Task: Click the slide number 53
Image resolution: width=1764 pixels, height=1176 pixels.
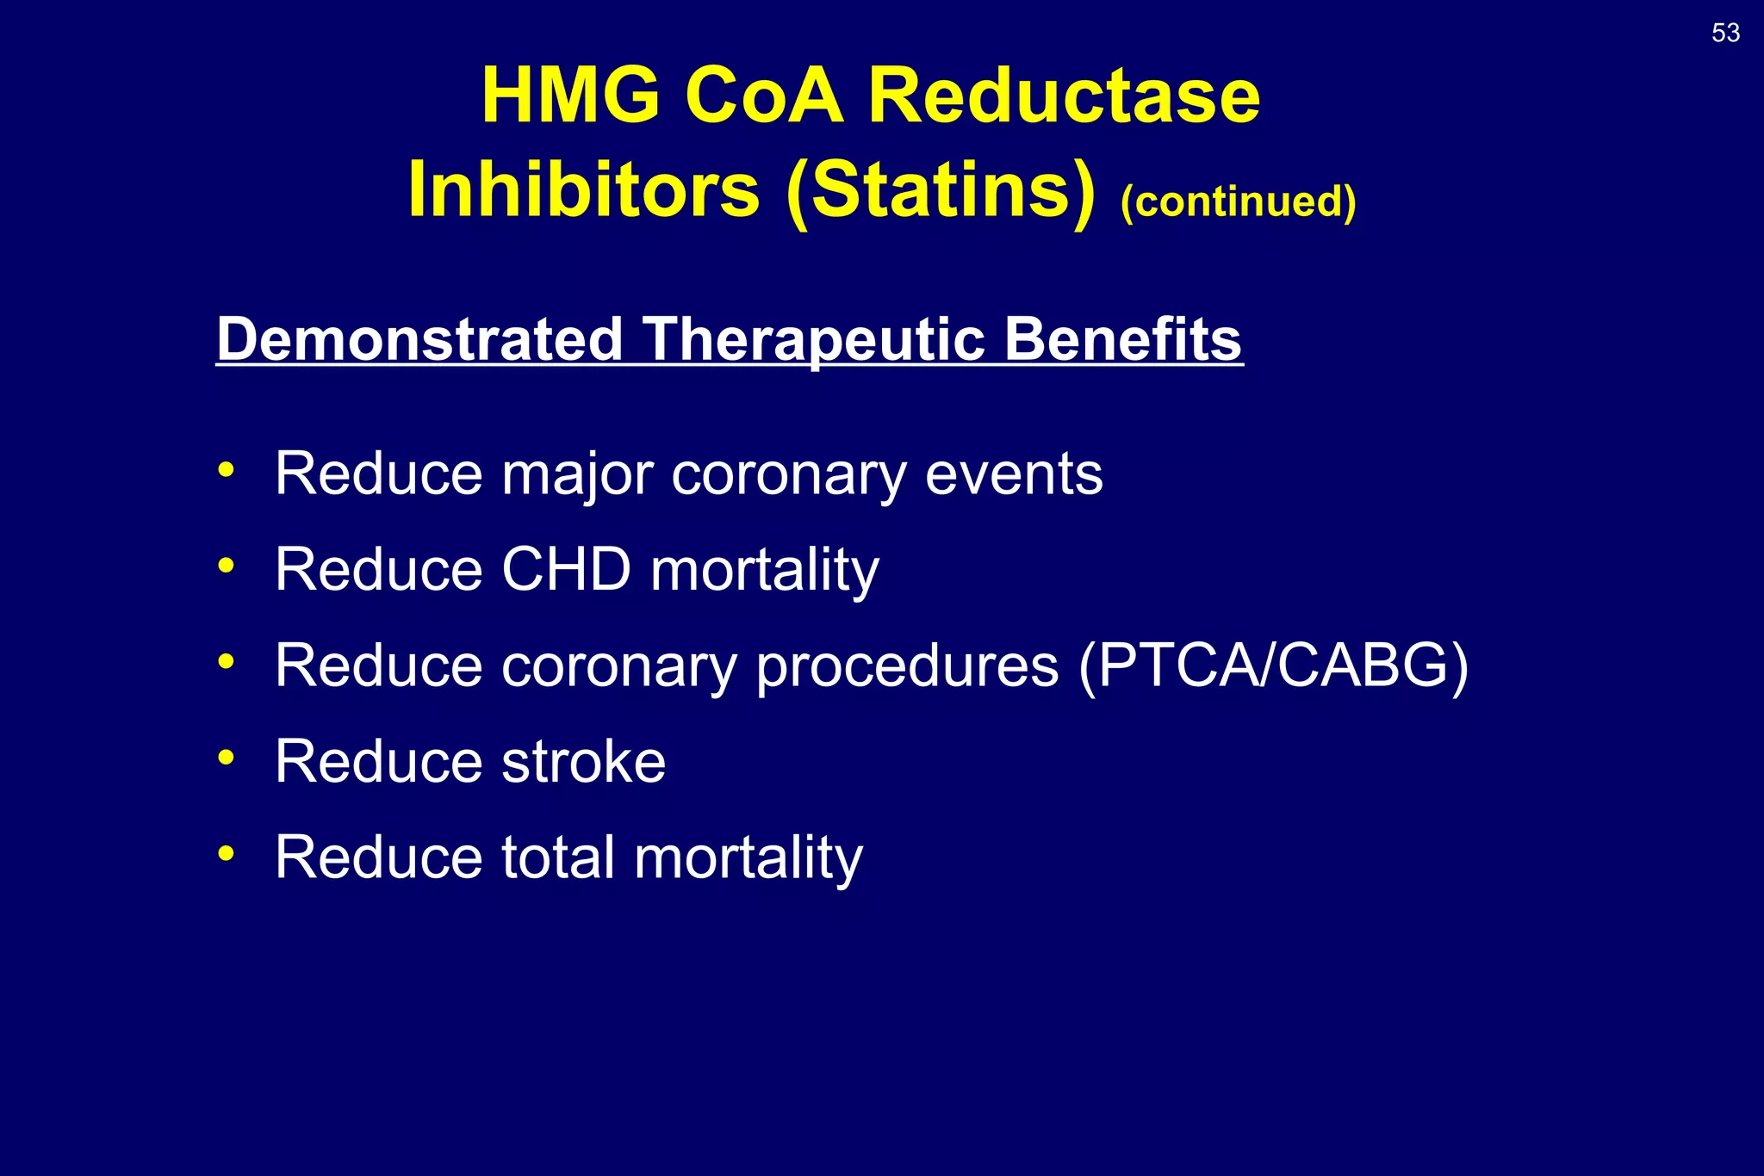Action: (1725, 33)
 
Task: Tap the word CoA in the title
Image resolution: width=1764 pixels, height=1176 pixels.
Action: (764, 96)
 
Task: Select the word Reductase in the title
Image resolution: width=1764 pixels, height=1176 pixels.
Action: (1064, 96)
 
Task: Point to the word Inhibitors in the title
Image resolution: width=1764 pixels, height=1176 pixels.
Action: (584, 190)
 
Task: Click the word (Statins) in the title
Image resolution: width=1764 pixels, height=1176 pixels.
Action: (941, 190)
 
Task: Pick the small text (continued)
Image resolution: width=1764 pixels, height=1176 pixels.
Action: (1238, 201)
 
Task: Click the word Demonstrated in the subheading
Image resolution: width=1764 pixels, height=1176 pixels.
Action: (419, 338)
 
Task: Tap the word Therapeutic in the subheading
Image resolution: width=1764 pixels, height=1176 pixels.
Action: (813, 340)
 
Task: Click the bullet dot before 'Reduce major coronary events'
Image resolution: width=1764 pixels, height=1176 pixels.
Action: (226, 470)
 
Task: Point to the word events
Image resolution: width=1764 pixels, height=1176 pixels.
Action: (1013, 474)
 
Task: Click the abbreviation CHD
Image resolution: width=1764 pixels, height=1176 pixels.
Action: (566, 569)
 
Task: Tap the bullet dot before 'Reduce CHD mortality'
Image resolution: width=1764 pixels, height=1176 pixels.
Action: (226, 566)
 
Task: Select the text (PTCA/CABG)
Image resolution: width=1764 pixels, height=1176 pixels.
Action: (1273, 665)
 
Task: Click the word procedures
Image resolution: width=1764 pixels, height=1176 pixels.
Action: (907, 667)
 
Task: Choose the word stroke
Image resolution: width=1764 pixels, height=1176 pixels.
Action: (583, 761)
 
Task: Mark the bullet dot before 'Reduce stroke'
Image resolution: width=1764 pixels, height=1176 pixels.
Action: (226, 758)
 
